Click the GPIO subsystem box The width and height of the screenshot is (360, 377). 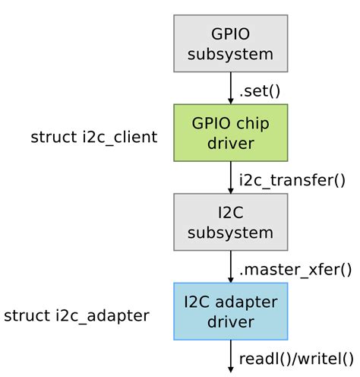click(x=231, y=43)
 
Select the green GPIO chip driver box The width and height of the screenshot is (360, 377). click(x=231, y=133)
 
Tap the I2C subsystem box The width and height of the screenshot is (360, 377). click(x=231, y=222)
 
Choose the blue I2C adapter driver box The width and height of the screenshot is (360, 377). click(x=231, y=311)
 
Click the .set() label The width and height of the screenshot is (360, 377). click(x=260, y=91)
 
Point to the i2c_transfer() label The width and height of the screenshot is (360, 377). click(x=292, y=180)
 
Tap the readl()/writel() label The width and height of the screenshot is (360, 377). click(x=296, y=358)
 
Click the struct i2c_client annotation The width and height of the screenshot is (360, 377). click(x=94, y=138)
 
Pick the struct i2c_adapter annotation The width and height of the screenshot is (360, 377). click(x=77, y=315)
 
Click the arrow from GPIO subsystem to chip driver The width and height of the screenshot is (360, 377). click(x=231, y=88)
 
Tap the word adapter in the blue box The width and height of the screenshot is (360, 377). click(x=249, y=302)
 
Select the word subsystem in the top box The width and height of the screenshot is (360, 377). click(x=231, y=54)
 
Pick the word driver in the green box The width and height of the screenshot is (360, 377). click(x=231, y=143)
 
